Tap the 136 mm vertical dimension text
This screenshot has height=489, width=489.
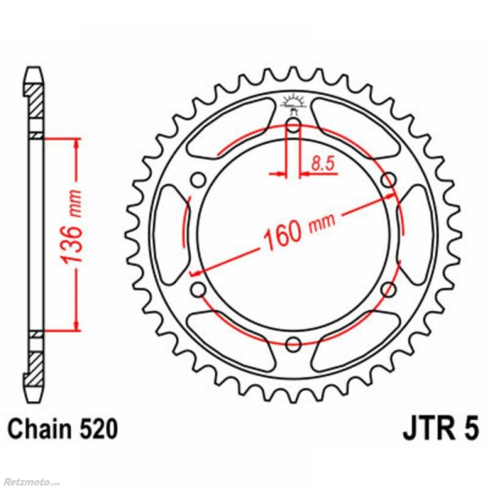(72, 226)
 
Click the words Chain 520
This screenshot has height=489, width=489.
(63, 430)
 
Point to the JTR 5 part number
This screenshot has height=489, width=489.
(441, 429)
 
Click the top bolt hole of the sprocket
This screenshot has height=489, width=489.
(293, 126)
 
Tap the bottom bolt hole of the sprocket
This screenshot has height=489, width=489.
(293, 345)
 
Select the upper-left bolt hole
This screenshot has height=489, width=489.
(199, 180)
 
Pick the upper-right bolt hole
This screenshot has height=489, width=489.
(389, 180)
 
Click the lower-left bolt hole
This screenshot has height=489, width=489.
(199, 289)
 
